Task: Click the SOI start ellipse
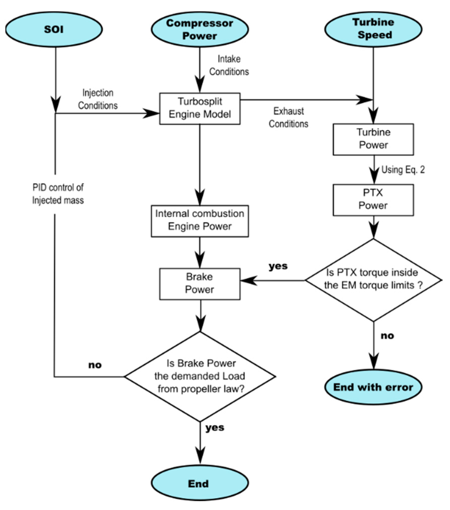tap(54, 29)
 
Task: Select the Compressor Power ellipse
tap(200, 29)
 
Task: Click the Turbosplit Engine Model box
tap(200, 108)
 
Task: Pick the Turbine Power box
tap(373, 139)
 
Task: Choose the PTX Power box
tap(373, 200)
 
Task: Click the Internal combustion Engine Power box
tap(200, 221)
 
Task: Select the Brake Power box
tap(200, 284)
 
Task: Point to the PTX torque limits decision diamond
tap(373, 280)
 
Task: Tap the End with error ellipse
tap(373, 387)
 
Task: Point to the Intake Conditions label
tap(229, 65)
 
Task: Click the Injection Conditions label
tap(98, 99)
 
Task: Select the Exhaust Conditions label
tap(288, 117)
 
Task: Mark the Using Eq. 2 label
tap(403, 170)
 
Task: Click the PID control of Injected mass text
tap(58, 194)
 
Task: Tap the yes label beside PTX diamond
tap(278, 266)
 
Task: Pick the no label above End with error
tap(387, 336)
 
